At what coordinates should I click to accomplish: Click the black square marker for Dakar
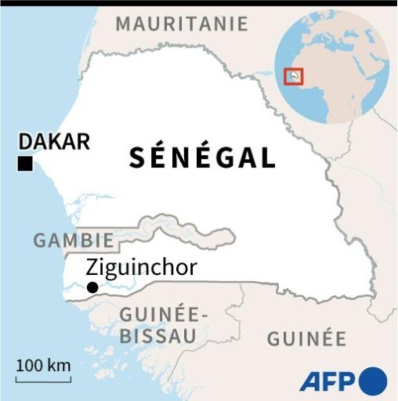[25, 164]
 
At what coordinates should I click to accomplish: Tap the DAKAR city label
[54, 142]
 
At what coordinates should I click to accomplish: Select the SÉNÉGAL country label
[202, 157]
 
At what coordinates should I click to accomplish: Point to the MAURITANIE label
[181, 23]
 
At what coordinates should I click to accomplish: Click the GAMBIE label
[73, 240]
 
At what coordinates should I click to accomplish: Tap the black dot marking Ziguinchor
[92, 287]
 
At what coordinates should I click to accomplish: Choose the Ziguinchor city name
[141, 268]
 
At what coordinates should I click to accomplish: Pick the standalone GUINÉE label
[306, 338]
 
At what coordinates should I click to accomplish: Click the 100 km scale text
[43, 365]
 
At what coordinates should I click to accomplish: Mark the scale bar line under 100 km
[43, 380]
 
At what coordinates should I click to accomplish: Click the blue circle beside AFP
[373, 381]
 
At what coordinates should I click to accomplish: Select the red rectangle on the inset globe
[294, 76]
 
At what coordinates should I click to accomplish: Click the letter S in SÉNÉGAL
[137, 157]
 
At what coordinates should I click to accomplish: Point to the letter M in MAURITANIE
[125, 23]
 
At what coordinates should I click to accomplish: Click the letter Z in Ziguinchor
[92, 268]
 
